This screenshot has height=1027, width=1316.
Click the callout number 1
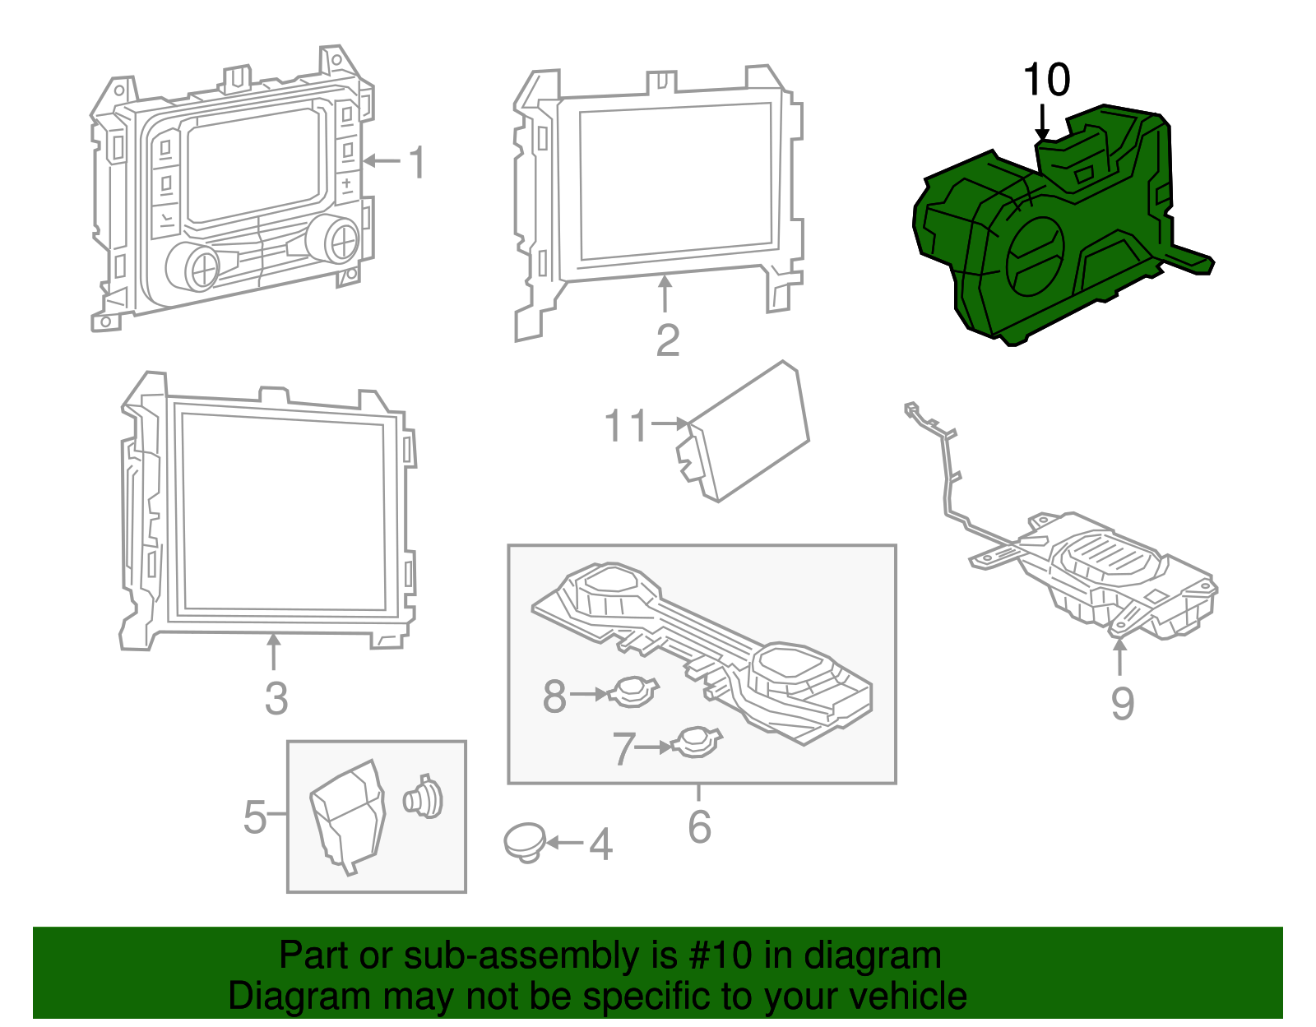(418, 162)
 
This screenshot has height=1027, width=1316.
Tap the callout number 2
(667, 340)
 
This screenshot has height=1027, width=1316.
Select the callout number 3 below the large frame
(276, 699)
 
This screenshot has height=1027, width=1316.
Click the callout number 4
(600, 844)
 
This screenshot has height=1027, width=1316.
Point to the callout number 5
(255, 817)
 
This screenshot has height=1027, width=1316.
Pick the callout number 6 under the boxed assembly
(699, 826)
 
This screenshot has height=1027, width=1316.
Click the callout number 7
(624, 749)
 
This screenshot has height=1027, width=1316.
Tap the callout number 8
(554, 696)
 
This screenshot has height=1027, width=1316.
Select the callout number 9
(1122, 704)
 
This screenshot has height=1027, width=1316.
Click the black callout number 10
(1046, 81)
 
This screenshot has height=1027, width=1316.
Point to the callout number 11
(627, 426)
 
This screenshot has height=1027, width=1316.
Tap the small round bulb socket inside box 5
(424, 797)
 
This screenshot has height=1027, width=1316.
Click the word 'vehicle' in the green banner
(907, 997)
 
